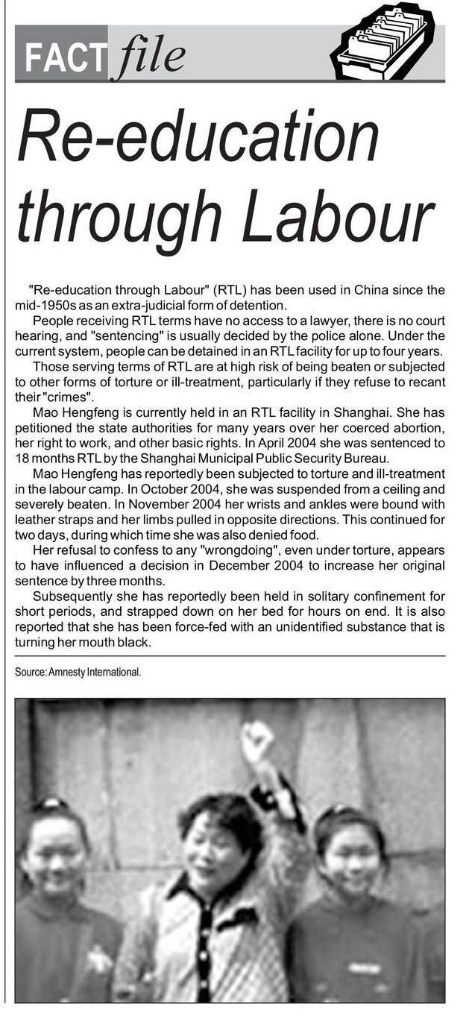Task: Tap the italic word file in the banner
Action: (x=147, y=57)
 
